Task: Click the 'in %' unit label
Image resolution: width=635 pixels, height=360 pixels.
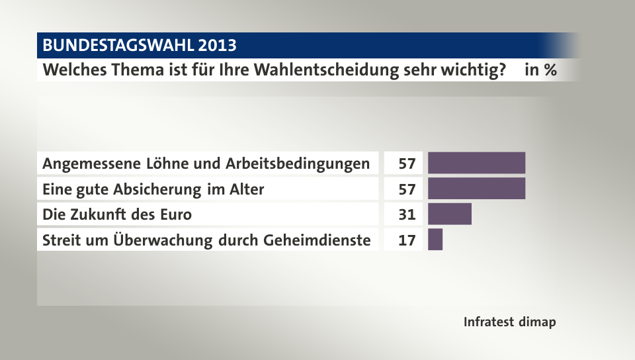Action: click(x=540, y=69)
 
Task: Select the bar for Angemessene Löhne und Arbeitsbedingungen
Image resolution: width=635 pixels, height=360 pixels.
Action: click(x=476, y=163)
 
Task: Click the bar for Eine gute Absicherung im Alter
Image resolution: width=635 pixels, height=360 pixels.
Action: click(x=476, y=189)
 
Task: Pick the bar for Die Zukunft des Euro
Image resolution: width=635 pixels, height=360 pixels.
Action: click(x=450, y=214)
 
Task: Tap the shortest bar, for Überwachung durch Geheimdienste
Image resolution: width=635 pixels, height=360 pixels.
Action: click(x=435, y=240)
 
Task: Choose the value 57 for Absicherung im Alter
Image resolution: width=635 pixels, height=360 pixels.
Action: click(x=407, y=189)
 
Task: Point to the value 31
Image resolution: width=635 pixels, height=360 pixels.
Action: click(x=407, y=214)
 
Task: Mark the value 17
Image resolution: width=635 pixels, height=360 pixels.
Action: click(x=407, y=240)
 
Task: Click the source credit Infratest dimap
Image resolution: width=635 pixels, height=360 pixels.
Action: click(x=509, y=322)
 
